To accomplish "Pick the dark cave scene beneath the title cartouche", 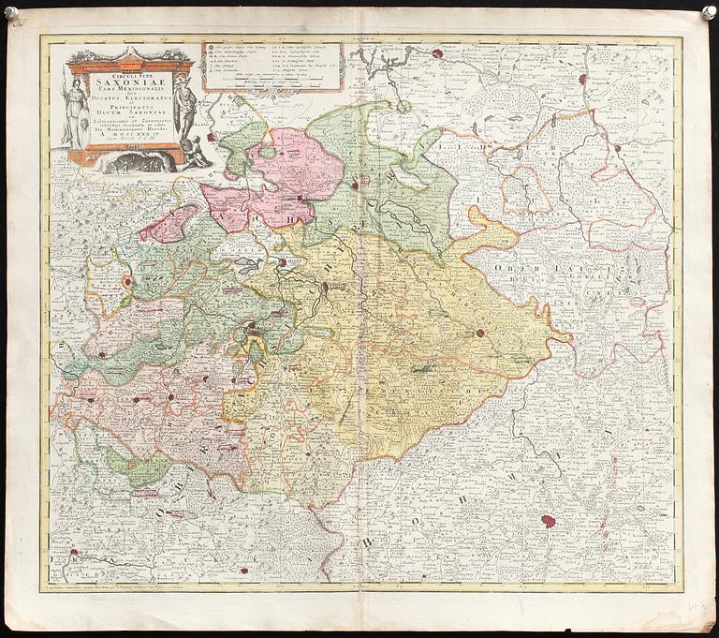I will [136, 162].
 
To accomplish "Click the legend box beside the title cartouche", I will [272, 66].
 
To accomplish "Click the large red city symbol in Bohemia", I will [549, 521].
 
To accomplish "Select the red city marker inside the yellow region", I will [480, 332].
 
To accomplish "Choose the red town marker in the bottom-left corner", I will [74, 555].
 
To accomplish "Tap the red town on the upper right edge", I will [617, 148].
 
